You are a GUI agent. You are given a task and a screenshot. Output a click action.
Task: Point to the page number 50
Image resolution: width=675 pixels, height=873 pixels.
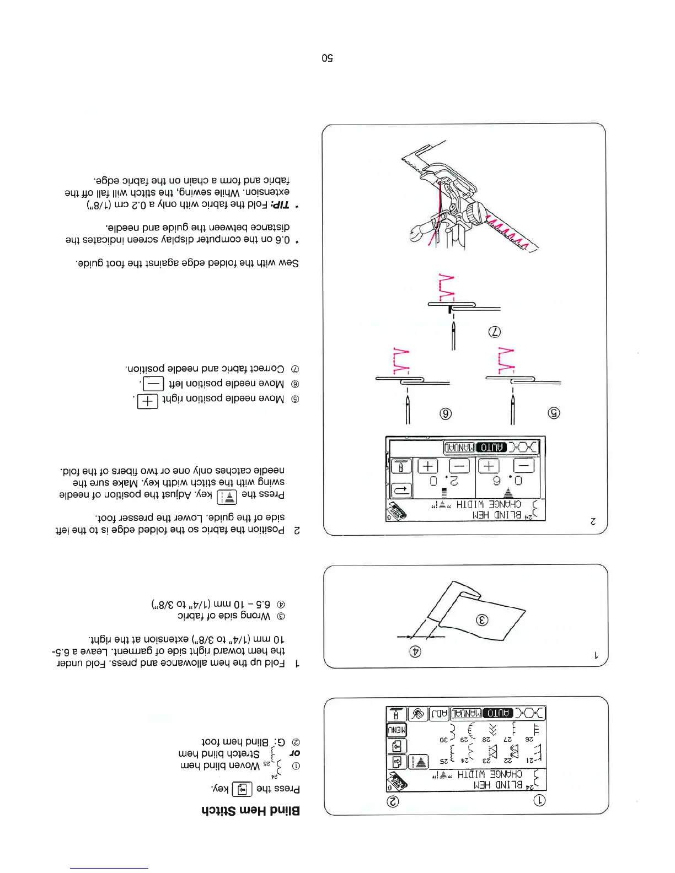coord(327,58)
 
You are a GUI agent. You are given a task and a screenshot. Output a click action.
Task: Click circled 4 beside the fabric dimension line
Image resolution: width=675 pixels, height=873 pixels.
coord(415,651)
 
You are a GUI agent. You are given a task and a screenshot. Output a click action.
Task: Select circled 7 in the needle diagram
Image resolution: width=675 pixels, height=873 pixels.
coord(495,332)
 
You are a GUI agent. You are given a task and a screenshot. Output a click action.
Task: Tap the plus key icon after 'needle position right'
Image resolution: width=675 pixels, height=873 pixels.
coord(147,401)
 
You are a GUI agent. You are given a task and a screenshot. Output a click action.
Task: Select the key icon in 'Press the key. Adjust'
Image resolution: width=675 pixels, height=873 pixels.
coord(227,497)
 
